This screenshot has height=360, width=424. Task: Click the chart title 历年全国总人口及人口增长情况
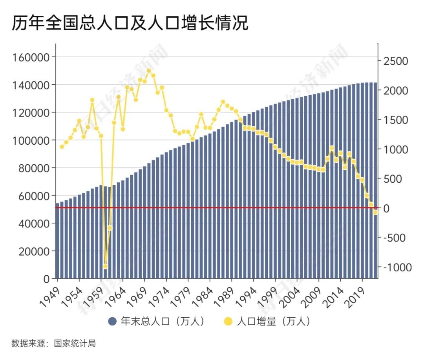(x=130, y=24)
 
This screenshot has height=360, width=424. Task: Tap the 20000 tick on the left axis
(x=34, y=251)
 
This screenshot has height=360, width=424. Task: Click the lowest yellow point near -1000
(x=105, y=266)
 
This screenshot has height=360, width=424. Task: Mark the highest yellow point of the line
(x=149, y=71)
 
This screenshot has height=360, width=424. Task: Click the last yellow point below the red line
(x=375, y=212)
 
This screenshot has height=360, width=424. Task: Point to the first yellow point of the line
(x=62, y=147)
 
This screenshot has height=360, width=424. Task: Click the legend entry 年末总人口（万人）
(x=157, y=322)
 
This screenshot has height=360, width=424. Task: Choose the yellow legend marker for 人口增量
(x=228, y=322)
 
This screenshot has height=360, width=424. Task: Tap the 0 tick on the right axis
(x=386, y=209)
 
